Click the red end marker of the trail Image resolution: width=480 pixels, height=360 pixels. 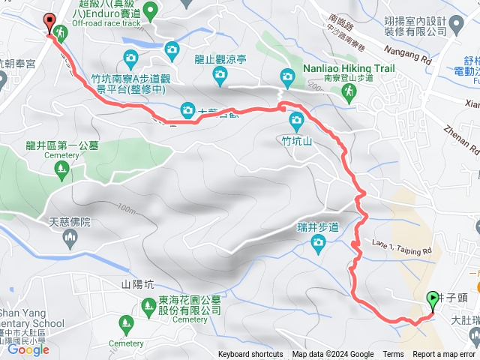(50, 24)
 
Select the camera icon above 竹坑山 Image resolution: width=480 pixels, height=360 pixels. (296, 119)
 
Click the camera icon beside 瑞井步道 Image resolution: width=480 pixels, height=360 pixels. (318, 241)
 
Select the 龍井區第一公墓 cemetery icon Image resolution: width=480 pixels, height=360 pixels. (60, 172)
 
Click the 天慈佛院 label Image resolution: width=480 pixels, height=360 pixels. (70, 222)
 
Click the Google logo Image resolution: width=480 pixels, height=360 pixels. (28, 349)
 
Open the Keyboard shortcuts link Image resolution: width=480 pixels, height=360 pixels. (250, 355)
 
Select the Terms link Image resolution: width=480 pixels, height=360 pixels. (393, 355)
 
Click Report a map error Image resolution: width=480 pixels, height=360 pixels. (445, 355)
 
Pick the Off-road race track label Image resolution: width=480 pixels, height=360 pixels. (106, 23)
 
